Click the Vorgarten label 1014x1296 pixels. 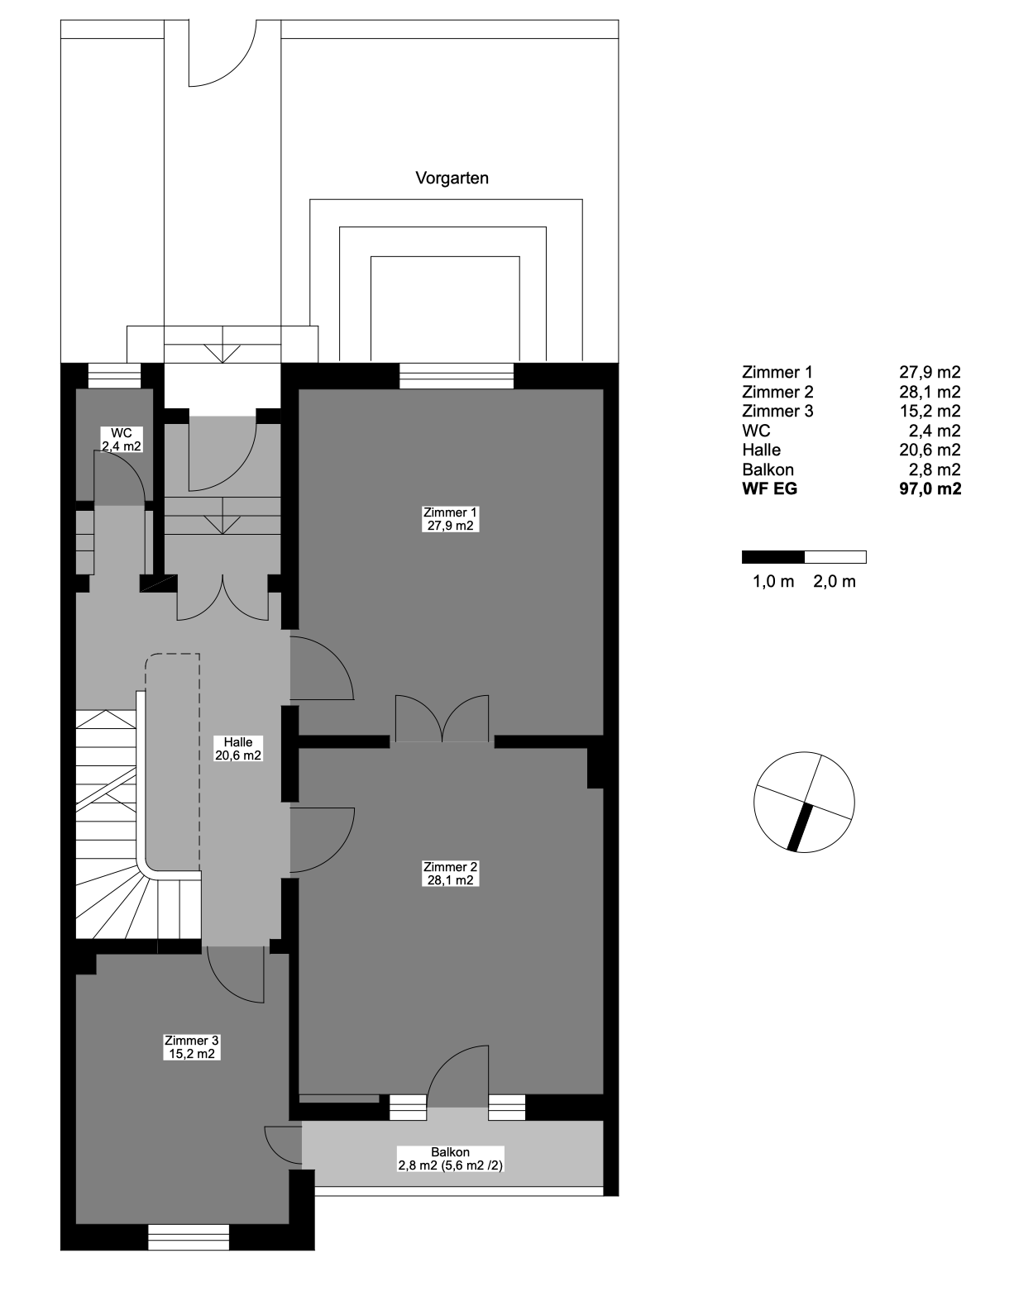(452, 178)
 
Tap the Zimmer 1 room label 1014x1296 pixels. (450, 519)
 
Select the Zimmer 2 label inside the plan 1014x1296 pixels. (450, 874)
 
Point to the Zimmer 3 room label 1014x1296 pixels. (192, 1046)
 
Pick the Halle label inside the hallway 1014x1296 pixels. (238, 749)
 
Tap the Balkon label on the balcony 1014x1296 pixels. (451, 1159)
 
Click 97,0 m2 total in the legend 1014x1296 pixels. (930, 489)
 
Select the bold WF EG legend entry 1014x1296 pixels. (769, 489)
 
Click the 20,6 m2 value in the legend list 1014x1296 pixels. (930, 450)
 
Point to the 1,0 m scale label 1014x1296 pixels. (773, 582)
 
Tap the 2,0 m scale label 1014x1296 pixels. (835, 582)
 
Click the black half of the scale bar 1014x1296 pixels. (772, 557)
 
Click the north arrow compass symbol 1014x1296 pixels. (804, 802)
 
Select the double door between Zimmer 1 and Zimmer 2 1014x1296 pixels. (442, 719)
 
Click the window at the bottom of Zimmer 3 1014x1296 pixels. (189, 1237)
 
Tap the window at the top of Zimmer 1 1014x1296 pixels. (456, 376)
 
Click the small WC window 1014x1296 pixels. (114, 376)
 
